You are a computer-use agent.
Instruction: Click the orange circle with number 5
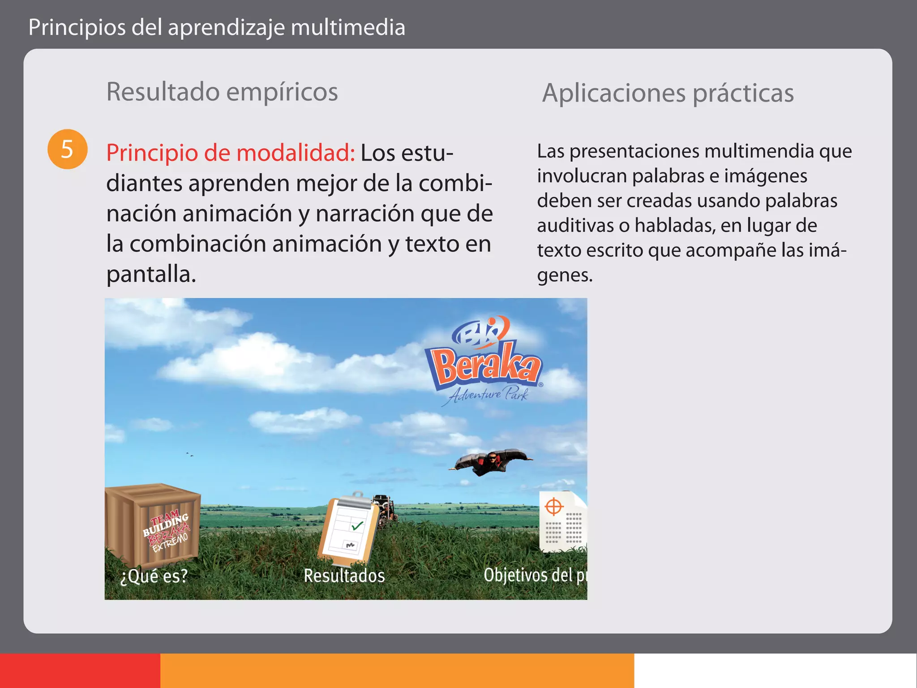point(67,149)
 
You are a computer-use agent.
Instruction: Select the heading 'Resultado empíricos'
point(222,92)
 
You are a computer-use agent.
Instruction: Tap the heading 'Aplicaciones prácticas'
point(668,93)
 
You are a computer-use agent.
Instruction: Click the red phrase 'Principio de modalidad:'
point(231,153)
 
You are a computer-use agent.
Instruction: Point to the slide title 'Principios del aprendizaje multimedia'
point(217,27)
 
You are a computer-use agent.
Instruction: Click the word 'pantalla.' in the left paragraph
point(151,274)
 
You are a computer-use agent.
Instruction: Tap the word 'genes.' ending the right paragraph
point(565,275)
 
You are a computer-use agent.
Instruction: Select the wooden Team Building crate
point(152,524)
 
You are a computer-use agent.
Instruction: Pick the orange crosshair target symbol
point(554,507)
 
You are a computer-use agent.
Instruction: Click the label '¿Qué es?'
point(154,576)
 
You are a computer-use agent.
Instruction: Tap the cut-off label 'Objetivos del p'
point(535,575)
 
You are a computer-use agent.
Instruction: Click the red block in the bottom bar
point(80,671)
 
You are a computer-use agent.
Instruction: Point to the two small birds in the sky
point(190,455)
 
